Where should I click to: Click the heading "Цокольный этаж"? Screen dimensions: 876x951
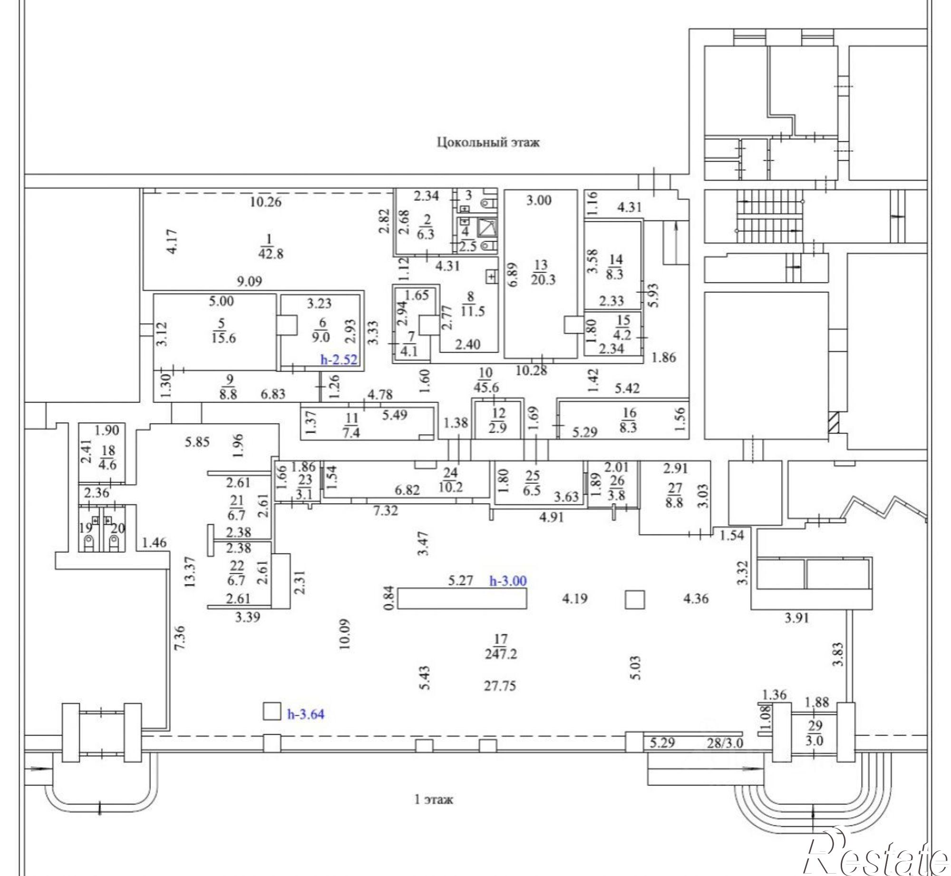coord(488,142)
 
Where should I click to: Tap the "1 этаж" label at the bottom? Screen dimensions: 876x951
coord(434,799)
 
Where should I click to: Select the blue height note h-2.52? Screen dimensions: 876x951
coord(339,360)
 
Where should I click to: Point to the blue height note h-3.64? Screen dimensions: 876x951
coord(306,714)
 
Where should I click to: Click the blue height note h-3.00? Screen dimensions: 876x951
coord(508,581)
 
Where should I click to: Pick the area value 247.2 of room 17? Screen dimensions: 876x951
coord(501,654)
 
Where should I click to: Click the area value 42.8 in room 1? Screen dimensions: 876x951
coord(271,254)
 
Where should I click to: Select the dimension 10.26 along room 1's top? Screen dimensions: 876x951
coord(266,202)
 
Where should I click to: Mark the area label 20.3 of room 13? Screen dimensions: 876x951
coord(543,279)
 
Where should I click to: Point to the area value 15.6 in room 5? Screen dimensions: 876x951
coord(223,338)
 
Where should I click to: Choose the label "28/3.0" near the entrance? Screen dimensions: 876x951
coord(725,743)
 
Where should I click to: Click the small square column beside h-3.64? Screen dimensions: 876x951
coord(272,712)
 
